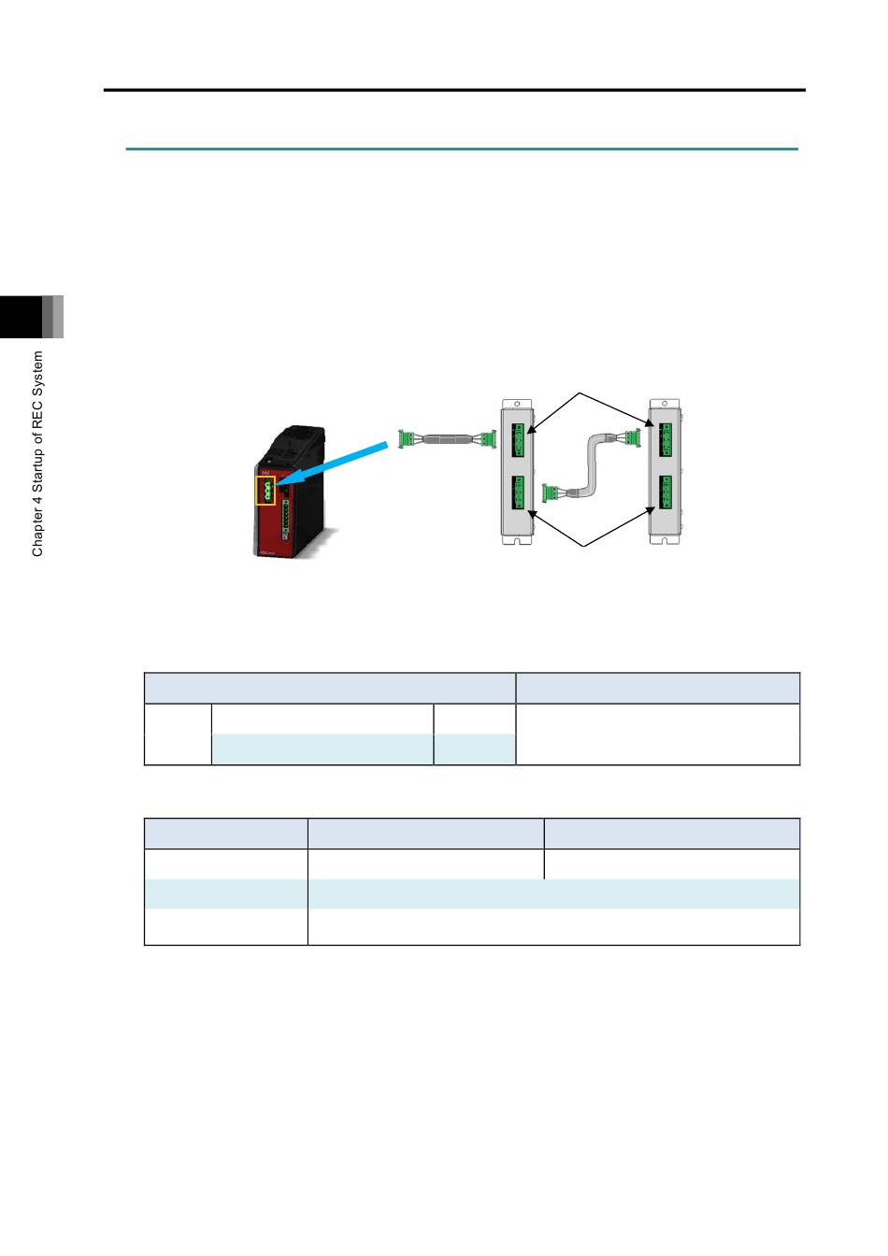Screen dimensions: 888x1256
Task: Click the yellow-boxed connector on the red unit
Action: click(x=265, y=491)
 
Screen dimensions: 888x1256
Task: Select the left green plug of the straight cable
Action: click(x=405, y=438)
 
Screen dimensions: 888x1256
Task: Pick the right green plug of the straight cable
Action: click(x=489, y=438)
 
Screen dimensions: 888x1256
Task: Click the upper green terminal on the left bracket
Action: click(x=518, y=440)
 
